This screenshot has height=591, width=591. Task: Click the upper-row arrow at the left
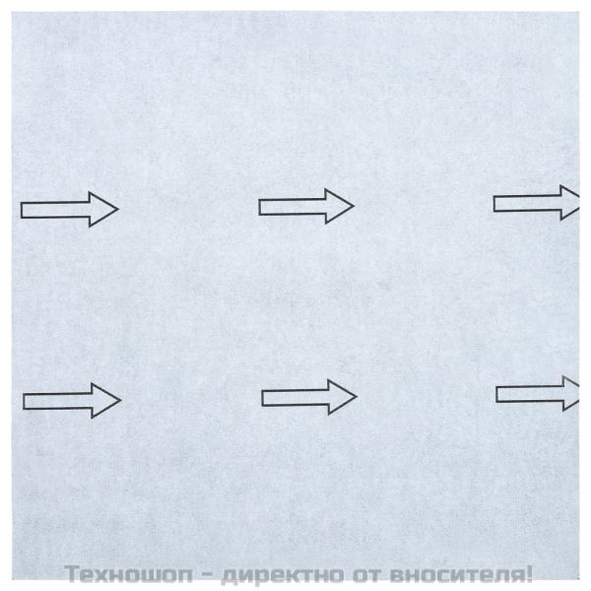[x=69, y=208]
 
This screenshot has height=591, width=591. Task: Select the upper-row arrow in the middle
[x=305, y=205]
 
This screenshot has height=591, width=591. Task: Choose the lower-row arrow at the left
[x=71, y=399]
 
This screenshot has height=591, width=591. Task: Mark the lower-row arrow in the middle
[x=308, y=397]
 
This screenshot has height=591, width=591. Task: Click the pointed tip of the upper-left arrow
[x=117, y=208]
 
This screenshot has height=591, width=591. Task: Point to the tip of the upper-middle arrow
[x=352, y=205]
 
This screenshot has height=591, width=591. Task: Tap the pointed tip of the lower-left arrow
[x=119, y=399]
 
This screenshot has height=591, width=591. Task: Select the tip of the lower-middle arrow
[x=355, y=396]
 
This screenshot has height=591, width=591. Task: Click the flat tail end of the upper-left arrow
[x=23, y=209]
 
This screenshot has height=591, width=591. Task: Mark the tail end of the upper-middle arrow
[x=260, y=206]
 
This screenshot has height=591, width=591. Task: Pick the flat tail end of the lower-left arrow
[x=25, y=400]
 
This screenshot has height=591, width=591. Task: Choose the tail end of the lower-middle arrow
[x=263, y=397]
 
